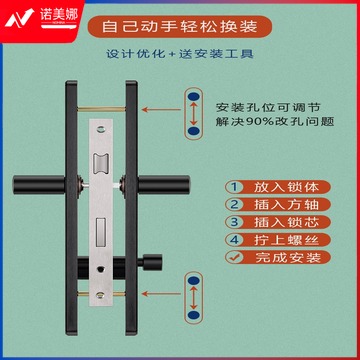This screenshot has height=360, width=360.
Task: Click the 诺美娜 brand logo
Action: tap(41, 17)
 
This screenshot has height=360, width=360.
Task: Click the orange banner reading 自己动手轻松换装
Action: tap(180, 27)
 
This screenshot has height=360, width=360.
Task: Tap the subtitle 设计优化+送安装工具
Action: tap(180, 54)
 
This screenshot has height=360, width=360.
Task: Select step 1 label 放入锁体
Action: tap(278, 187)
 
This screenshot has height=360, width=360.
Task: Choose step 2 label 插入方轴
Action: tap(278, 204)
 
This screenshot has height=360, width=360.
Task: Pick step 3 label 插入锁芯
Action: tap(278, 222)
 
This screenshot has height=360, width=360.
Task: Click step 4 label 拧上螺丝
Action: tap(278, 240)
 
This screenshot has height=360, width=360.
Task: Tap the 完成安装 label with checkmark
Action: tap(278, 257)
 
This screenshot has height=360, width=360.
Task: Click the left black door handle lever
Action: tap(39, 185)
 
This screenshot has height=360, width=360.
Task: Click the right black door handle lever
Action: tap(163, 185)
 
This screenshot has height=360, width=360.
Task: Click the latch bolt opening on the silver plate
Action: tap(101, 164)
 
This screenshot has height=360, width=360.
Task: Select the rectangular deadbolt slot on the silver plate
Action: tap(101, 232)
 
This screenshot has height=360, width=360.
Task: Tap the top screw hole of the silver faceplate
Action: tap(101, 128)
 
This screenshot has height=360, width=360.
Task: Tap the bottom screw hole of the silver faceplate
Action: tap(100, 294)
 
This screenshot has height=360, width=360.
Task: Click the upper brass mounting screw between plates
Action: tap(101, 109)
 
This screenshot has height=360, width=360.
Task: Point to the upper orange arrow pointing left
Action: tap(161, 109)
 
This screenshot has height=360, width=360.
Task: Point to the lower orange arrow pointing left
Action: tap(161, 294)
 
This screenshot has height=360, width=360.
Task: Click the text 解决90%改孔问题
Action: tap(275, 122)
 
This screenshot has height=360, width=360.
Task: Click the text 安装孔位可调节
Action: tap(268, 107)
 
